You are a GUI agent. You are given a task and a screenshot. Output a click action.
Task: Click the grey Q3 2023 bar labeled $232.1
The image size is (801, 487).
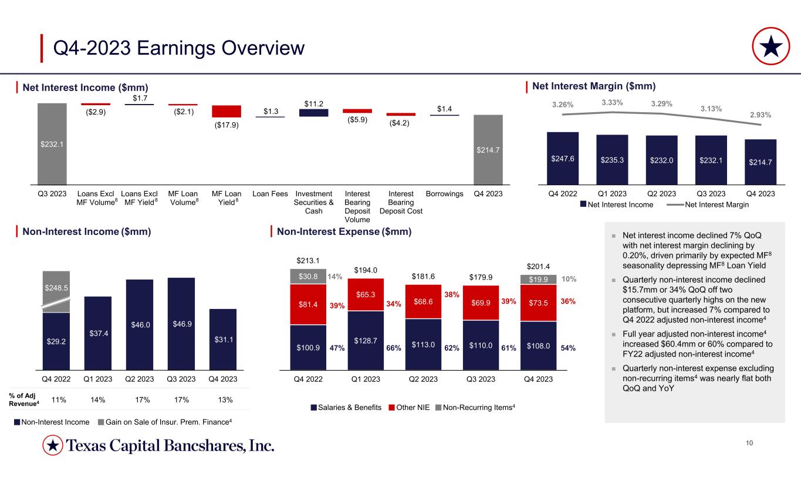[x=52, y=143]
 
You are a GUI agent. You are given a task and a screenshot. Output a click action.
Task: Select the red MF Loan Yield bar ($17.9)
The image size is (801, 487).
[x=227, y=112]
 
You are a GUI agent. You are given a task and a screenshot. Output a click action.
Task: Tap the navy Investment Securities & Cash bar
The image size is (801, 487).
[x=313, y=113]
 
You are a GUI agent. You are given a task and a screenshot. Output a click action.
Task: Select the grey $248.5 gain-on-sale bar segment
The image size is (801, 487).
[x=56, y=287]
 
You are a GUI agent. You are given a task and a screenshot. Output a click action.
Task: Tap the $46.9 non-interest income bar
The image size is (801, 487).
[x=181, y=325]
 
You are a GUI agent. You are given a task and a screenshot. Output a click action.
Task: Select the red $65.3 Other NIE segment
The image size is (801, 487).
[x=365, y=294]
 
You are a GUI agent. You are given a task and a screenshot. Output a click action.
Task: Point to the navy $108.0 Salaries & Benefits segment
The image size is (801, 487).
[x=538, y=346]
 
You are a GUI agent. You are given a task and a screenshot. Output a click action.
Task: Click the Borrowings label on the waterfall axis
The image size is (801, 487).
[x=444, y=193]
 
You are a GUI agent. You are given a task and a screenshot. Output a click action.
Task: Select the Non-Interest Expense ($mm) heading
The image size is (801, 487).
[x=344, y=232]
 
